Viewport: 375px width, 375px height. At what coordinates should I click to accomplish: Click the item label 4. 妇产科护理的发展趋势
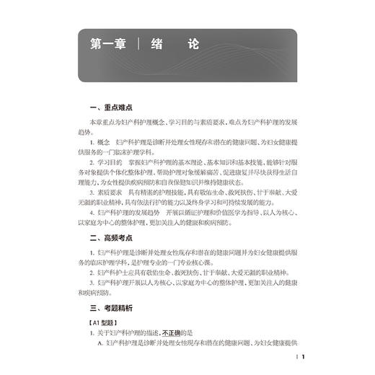tap(137, 213)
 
